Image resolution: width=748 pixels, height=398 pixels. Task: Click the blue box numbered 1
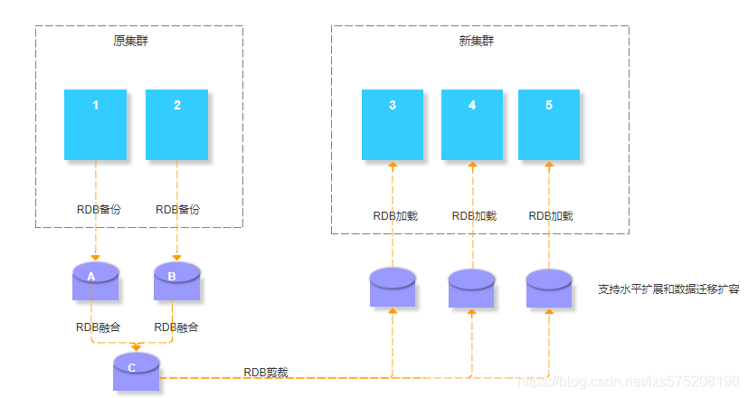pos(95,125)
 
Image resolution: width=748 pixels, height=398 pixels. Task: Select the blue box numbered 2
pos(176,125)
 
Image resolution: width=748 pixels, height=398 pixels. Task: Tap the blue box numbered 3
pos(392,125)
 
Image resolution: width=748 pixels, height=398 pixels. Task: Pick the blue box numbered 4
pos(471,125)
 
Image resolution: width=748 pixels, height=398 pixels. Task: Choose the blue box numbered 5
pos(548,125)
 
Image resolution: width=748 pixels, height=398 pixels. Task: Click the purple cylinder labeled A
pos(95,281)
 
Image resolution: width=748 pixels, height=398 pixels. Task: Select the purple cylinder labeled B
pos(176,281)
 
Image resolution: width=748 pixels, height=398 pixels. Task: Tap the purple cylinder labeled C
pos(136,372)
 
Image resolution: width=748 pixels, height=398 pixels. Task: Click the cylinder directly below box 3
pos(392,288)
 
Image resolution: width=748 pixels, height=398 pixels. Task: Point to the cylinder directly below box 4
pos(471,289)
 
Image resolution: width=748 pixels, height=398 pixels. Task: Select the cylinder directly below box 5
pos(549,289)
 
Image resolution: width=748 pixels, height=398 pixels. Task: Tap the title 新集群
pos(477,41)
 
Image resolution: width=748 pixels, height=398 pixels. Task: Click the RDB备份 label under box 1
pos(99,209)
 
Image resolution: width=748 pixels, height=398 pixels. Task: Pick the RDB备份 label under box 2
pos(177,209)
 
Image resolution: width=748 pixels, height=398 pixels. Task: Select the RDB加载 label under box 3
pos(395,216)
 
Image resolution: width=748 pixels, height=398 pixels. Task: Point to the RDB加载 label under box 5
pos(551,216)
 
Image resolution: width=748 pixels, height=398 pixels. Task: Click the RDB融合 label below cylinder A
pos(99,326)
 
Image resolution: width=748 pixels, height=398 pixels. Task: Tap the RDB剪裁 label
pos(266,372)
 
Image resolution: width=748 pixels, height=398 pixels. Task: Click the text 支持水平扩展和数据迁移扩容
pos(668,289)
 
